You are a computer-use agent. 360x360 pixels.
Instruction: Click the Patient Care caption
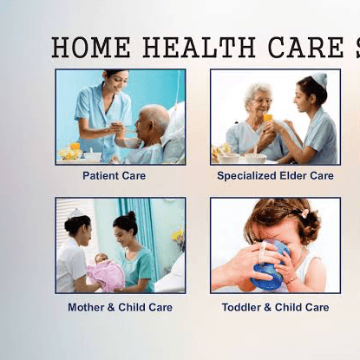[114, 175]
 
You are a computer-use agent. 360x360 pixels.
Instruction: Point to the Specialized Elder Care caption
[275, 175]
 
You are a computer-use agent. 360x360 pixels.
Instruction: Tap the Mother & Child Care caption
[120, 307]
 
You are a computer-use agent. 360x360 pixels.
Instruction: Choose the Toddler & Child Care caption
[275, 307]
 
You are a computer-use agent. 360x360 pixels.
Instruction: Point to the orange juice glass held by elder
[268, 115]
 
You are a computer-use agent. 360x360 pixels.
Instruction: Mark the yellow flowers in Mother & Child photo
[178, 235]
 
